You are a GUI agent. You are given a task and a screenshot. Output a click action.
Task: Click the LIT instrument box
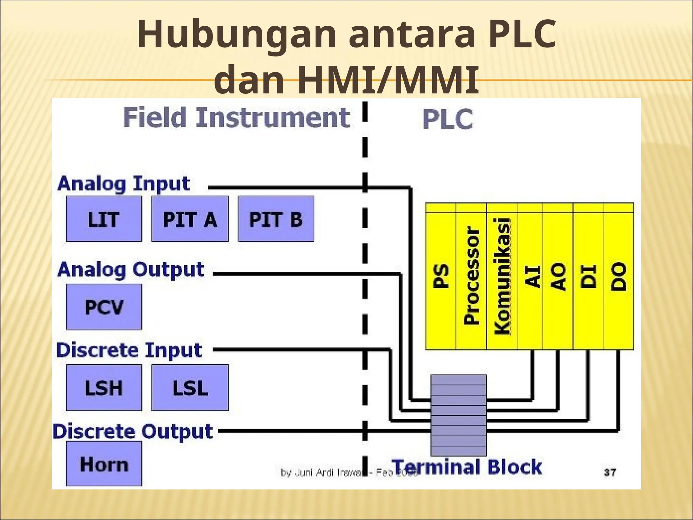pyautogui.click(x=104, y=219)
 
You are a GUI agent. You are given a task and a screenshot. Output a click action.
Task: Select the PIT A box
pyautogui.click(x=190, y=219)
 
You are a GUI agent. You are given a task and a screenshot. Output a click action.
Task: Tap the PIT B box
pyautogui.click(x=276, y=219)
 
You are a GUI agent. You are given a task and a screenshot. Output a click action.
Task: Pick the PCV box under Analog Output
pyautogui.click(x=104, y=307)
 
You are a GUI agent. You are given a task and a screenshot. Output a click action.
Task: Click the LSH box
pyautogui.click(x=104, y=388)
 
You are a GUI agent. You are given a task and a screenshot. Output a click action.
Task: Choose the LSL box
pyautogui.click(x=190, y=388)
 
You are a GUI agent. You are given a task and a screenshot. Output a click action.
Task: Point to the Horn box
pyautogui.click(x=104, y=463)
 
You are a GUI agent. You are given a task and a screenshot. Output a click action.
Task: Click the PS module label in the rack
pyautogui.click(x=441, y=276)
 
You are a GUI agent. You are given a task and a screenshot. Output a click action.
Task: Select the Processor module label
pyautogui.click(x=471, y=276)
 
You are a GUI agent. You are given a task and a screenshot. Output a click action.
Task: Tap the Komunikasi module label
pyautogui.click(x=502, y=276)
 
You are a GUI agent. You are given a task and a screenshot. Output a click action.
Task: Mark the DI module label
pyautogui.click(x=588, y=276)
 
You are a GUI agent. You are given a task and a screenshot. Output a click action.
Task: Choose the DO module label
pyautogui.click(x=619, y=276)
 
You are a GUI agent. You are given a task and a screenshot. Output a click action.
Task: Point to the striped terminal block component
pyautogui.click(x=459, y=415)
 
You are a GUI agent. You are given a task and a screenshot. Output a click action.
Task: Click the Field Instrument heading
pyautogui.click(x=237, y=117)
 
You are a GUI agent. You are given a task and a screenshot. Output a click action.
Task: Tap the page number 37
pyautogui.click(x=610, y=472)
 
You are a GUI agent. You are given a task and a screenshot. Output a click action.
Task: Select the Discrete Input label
pyautogui.click(x=129, y=350)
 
